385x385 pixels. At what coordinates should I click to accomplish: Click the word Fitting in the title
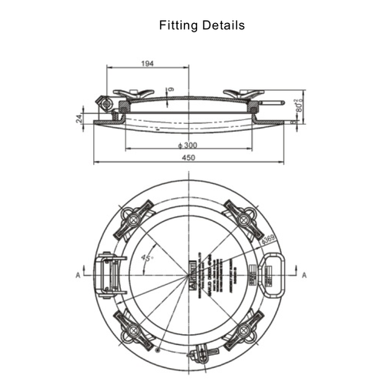(179, 25)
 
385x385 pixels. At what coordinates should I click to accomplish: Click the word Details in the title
(223, 25)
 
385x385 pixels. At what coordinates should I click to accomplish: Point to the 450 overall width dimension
(189, 157)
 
